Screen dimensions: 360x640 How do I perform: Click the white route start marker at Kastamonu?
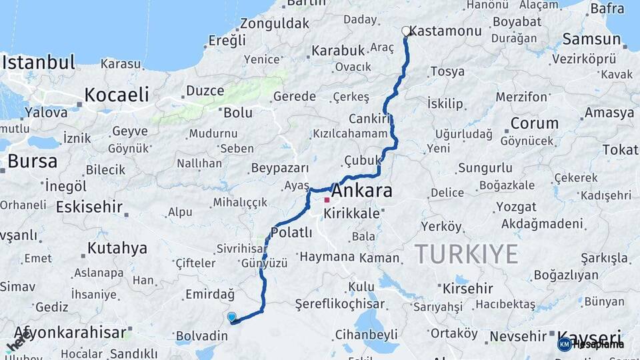406,31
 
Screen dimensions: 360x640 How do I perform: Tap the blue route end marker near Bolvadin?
231,317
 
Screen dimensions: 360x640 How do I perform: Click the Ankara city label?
361,191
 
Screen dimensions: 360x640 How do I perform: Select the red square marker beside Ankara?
327,200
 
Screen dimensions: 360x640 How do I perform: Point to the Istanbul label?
39,63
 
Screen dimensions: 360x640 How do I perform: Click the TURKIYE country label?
466,254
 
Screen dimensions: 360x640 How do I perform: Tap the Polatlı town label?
291,233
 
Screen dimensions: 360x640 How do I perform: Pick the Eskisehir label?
89,207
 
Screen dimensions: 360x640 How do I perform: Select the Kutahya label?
117,249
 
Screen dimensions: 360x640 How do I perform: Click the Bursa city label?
32,161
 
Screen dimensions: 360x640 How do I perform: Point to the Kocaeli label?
117,94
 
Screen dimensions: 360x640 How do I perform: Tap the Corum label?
534,123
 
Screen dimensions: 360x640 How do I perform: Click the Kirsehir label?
467,289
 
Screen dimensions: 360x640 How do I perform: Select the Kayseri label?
589,336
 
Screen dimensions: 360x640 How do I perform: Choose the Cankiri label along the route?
368,119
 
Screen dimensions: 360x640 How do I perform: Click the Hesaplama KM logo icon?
564,344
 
